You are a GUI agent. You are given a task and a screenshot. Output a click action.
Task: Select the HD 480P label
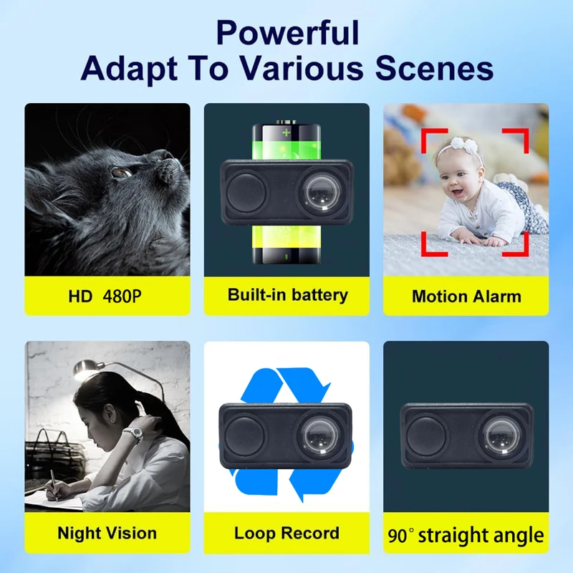coord(107,295)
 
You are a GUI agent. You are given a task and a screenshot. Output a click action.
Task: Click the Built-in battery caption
coord(287,294)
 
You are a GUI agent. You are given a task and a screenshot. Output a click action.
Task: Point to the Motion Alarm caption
coord(466,296)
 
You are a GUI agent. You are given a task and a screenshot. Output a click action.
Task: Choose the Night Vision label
coord(107,533)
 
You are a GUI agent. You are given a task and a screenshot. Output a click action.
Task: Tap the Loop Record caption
coord(286,533)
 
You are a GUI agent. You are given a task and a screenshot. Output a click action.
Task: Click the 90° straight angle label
coord(466,535)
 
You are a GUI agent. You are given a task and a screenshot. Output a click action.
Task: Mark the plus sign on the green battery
coord(286,133)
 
